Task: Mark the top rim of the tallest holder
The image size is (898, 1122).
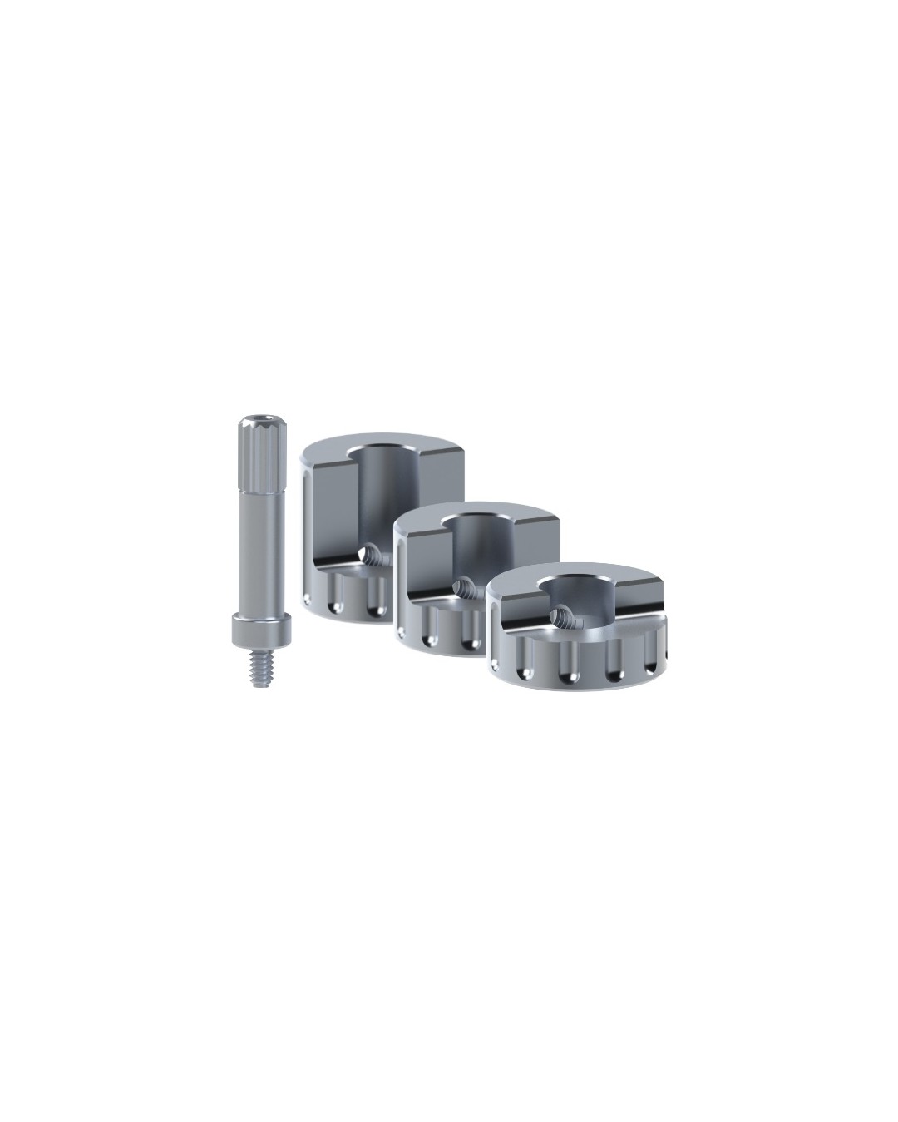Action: tap(382, 438)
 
